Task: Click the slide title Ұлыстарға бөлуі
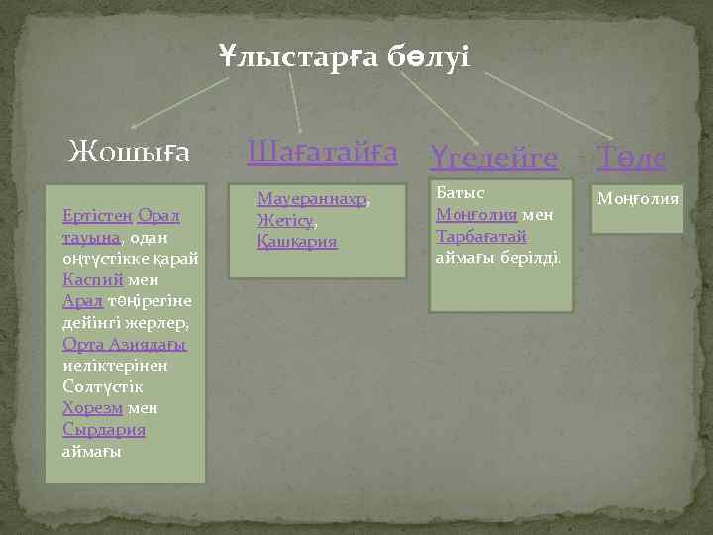pos(346,56)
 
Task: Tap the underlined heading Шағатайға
pos(322,153)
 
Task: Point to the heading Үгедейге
pos(494,156)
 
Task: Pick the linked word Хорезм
pos(92,408)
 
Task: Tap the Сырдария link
pos(104,430)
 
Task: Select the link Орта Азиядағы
pos(125,344)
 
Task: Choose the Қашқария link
pos(297,241)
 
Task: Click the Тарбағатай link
pos(481,236)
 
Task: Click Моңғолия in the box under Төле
pos(638,198)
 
